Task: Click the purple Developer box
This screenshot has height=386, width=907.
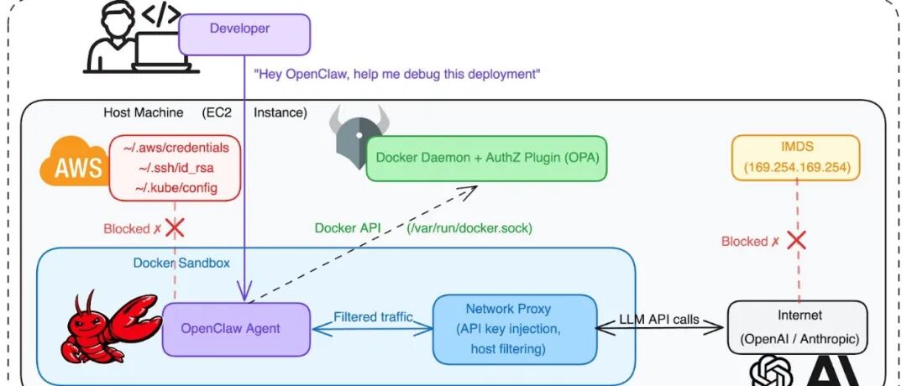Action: (244, 34)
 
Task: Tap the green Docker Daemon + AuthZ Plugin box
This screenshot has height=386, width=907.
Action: (486, 158)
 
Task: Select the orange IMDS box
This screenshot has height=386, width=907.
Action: (794, 157)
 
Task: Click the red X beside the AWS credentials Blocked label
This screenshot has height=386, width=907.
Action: (175, 227)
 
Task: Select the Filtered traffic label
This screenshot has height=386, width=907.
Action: (373, 316)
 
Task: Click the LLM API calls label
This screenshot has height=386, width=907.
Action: (660, 317)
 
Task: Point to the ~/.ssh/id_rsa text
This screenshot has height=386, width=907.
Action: (181, 168)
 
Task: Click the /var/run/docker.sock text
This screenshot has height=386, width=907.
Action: (470, 227)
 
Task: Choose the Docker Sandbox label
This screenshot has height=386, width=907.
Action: (181, 263)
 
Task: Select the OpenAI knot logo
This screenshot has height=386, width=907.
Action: (770, 372)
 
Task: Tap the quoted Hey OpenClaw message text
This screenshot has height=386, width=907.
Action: (396, 74)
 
